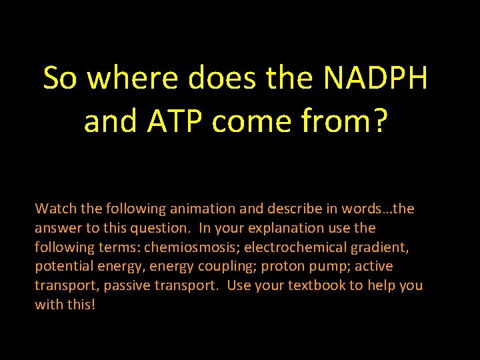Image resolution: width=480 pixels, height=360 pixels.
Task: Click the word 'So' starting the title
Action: pyautogui.click(x=61, y=79)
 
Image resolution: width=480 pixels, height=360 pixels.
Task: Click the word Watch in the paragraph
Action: pyautogui.click(x=57, y=209)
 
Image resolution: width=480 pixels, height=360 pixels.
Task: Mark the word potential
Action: pyautogui.click(x=65, y=267)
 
